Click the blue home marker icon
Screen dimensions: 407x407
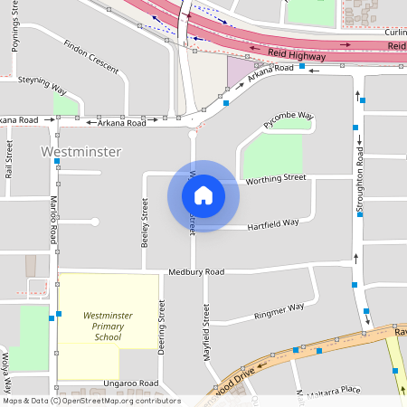pyautogui.click(x=203, y=195)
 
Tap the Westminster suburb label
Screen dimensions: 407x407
pyautogui.click(x=81, y=152)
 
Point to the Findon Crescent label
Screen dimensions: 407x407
pyautogui.click(x=91, y=56)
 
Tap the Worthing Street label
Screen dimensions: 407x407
pyautogui.click(x=276, y=178)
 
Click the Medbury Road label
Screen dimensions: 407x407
pyautogui.click(x=195, y=271)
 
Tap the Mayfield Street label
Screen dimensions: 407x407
pyautogui.click(x=206, y=327)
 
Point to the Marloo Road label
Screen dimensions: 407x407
pyautogui.click(x=54, y=220)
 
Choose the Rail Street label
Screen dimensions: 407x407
pyautogui.click(x=9, y=157)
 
